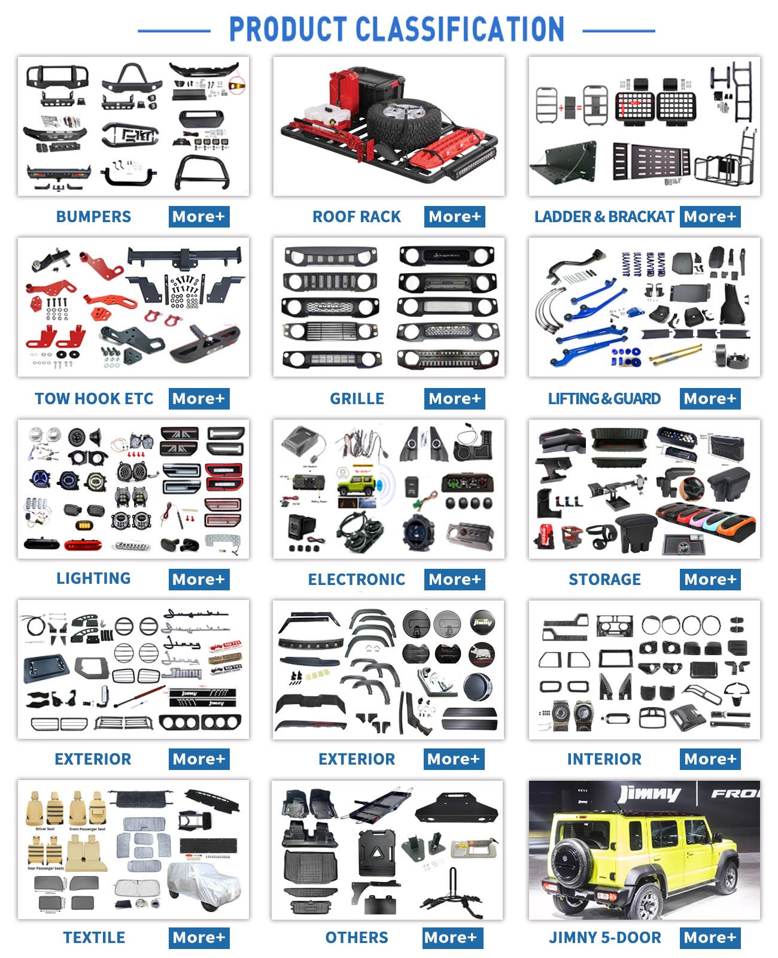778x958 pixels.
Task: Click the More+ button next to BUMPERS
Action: point(199,217)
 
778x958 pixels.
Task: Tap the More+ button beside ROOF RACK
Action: point(454,217)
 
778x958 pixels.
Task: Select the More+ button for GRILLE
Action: point(454,399)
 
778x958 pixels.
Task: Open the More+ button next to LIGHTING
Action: point(199,580)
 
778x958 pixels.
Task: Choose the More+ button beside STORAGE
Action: point(710,580)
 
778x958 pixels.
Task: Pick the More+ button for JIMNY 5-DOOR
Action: point(710,938)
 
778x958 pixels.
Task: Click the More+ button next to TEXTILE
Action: point(199,938)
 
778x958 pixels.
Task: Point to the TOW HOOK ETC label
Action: point(94,399)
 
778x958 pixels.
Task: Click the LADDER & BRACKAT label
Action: point(604,217)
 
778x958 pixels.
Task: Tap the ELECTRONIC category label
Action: point(357,580)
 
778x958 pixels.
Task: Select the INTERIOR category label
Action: point(604,759)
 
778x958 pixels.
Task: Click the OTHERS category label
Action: point(357,938)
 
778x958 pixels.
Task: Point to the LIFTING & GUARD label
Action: point(604,399)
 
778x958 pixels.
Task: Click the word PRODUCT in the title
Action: point(288,29)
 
